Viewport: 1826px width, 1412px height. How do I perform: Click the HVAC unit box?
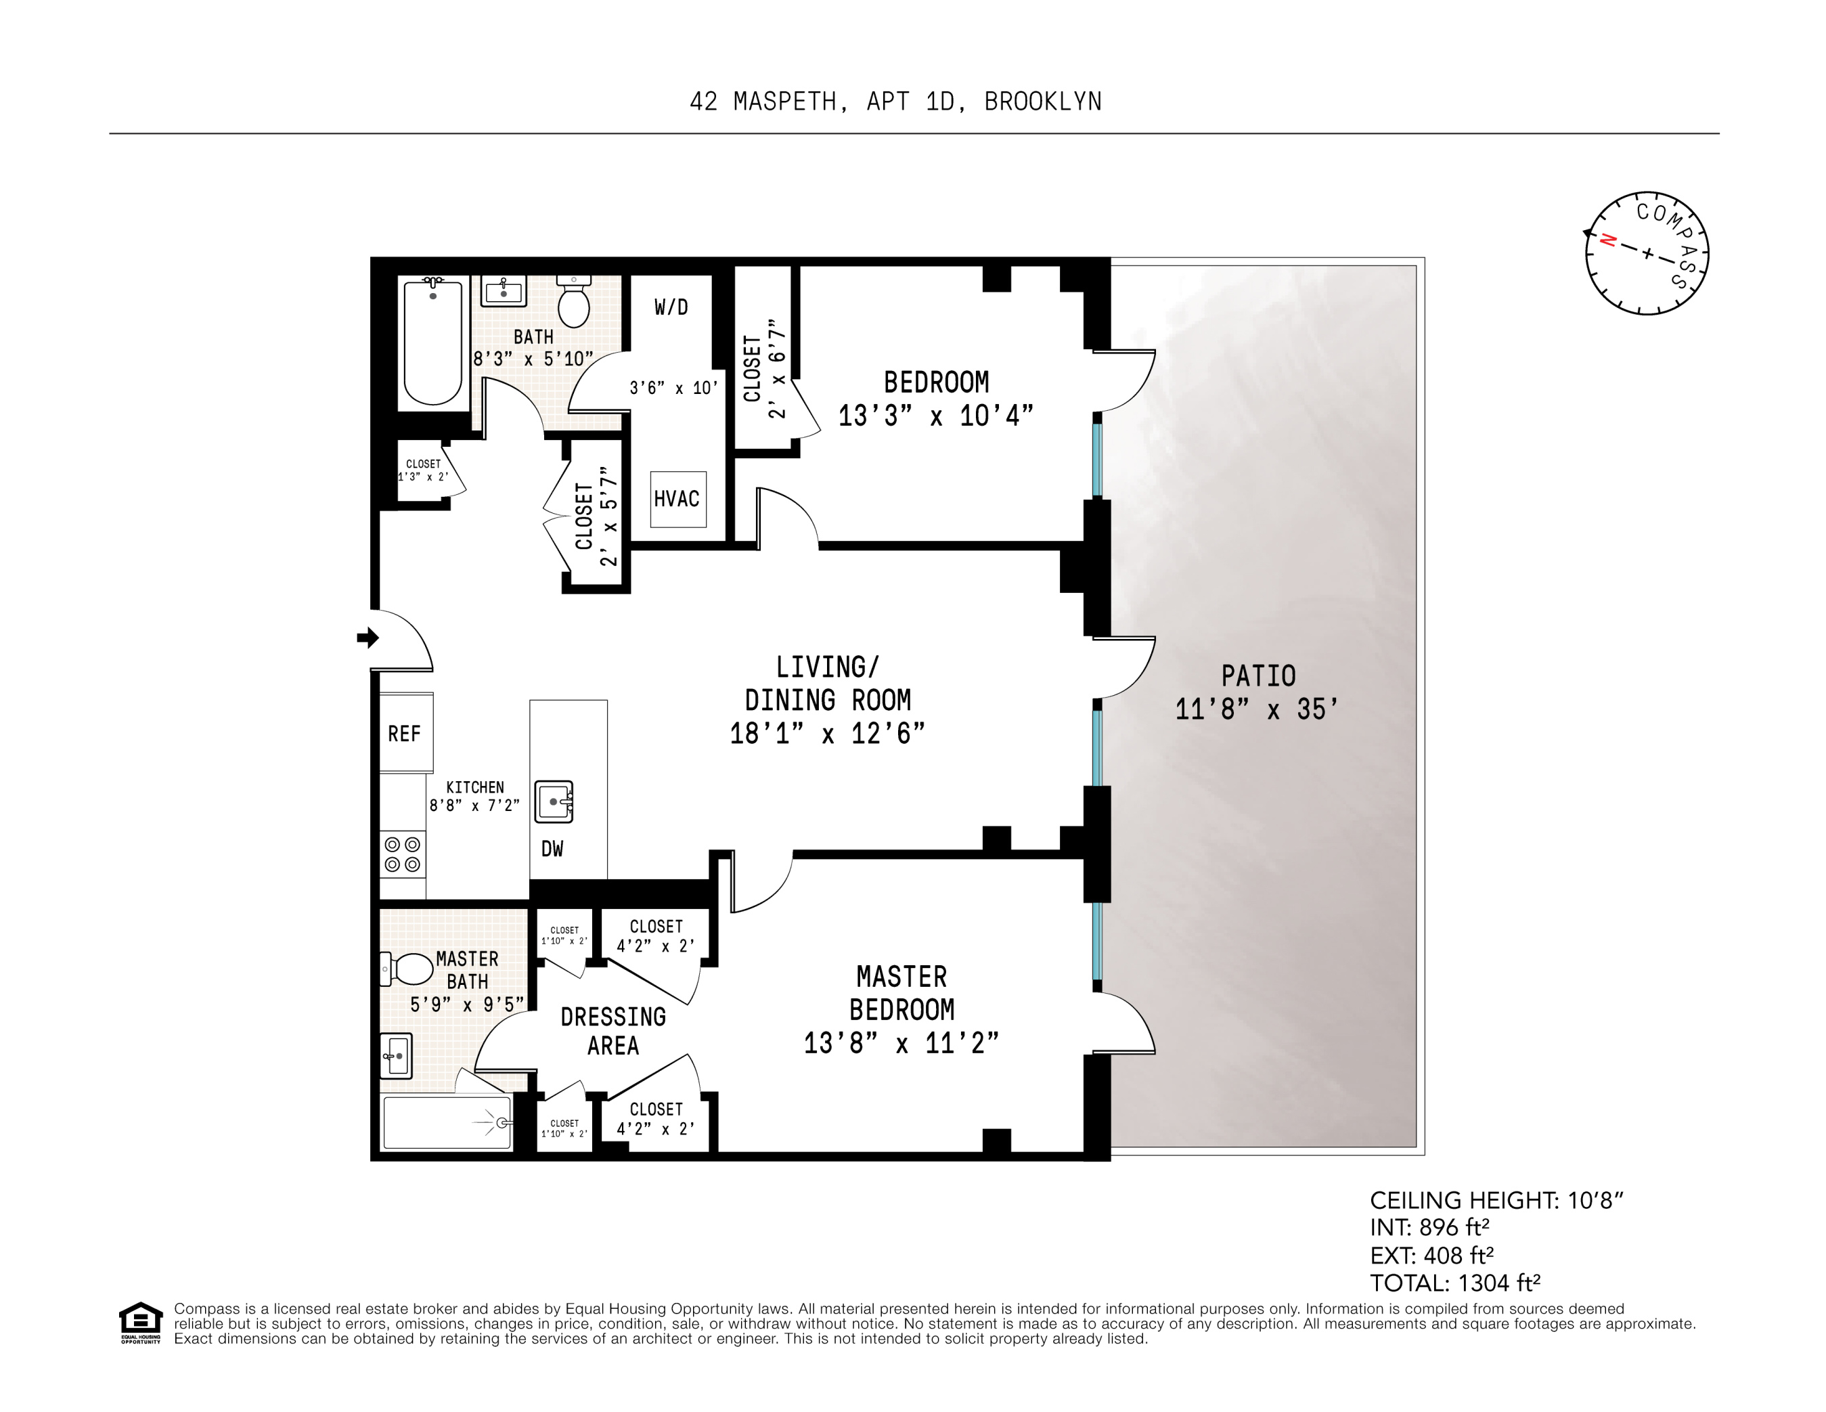click(677, 499)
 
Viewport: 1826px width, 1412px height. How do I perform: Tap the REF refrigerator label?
click(404, 734)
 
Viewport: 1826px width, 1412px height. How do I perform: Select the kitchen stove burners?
click(402, 854)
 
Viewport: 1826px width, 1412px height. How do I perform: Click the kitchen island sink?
click(554, 801)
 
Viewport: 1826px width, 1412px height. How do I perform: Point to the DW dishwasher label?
click(552, 850)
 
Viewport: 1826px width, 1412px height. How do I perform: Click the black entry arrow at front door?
click(367, 638)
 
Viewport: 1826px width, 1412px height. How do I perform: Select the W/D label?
click(671, 307)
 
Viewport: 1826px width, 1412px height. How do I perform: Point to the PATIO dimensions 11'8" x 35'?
click(1257, 710)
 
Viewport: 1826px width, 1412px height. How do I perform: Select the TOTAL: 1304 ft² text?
click(1455, 1283)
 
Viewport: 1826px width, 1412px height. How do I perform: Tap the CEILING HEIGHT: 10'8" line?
click(1496, 1201)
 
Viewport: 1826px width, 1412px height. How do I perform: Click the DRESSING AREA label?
click(613, 1031)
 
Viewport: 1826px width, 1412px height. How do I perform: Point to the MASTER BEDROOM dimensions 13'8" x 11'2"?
click(901, 1043)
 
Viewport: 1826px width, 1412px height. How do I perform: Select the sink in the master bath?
click(397, 1056)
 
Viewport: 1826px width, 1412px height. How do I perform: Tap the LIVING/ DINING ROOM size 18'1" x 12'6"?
click(827, 734)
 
